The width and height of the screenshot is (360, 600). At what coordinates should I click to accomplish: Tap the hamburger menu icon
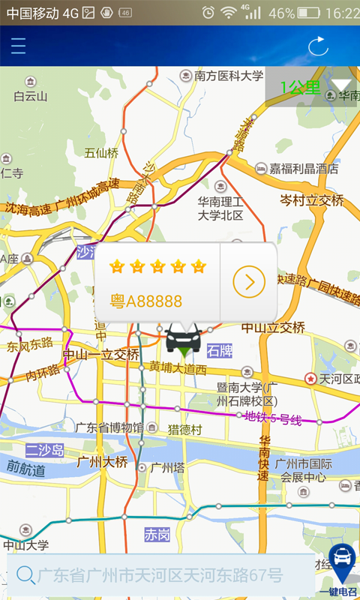18,46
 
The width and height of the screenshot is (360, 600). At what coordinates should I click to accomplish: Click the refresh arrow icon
319,46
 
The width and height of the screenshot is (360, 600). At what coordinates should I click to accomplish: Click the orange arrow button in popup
249,282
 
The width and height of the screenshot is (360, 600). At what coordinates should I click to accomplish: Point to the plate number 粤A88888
146,301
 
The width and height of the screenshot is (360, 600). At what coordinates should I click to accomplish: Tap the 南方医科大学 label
229,76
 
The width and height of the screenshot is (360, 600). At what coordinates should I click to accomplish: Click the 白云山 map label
31,95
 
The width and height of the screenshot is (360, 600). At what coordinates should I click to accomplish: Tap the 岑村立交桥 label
311,201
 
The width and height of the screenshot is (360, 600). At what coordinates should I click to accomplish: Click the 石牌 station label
220,350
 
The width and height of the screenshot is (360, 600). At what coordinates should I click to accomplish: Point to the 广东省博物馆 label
109,427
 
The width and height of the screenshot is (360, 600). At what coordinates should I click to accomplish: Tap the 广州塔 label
167,467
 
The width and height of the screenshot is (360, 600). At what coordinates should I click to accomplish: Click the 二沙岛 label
44,450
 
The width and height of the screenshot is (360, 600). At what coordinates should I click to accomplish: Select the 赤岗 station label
157,534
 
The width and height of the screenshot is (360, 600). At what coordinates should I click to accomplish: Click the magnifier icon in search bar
25,575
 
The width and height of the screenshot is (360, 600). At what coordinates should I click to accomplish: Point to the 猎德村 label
184,430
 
